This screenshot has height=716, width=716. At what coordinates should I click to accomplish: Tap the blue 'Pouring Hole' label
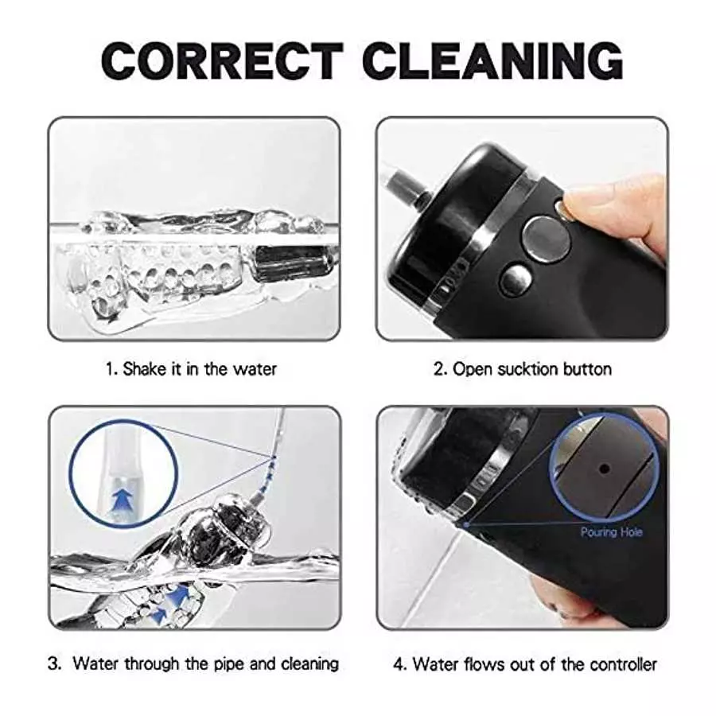point(610,531)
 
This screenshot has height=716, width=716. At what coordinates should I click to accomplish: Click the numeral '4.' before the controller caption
point(401,663)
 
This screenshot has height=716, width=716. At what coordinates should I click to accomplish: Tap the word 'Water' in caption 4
point(434,663)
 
